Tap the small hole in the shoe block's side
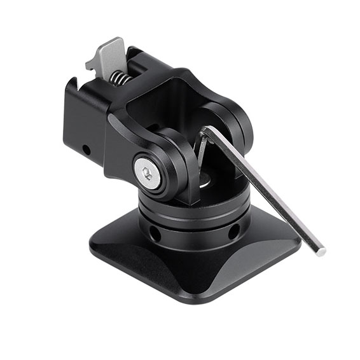(x=85, y=150)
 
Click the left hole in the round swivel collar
(x=155, y=233)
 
